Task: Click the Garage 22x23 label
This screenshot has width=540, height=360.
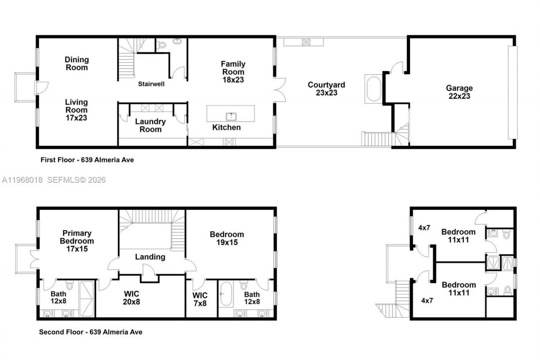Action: click(459, 92)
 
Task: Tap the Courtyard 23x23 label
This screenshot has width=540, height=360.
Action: click(326, 89)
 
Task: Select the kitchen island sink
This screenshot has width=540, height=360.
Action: click(230, 116)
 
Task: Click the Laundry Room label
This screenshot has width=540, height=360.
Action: click(150, 125)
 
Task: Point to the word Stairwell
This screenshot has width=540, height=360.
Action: click(151, 84)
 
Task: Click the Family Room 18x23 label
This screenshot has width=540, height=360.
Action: click(233, 72)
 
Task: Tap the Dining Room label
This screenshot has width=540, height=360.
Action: click(77, 63)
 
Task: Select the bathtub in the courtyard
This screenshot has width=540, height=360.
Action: click(373, 89)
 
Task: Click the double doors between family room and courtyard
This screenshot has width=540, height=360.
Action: click(279, 89)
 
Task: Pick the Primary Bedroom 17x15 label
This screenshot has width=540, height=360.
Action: click(76, 241)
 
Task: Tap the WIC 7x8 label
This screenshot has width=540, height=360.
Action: click(200, 298)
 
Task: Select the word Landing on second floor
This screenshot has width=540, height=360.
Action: click(150, 257)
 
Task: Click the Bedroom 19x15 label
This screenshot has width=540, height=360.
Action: click(227, 238)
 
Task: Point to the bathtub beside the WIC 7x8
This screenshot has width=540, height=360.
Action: click(224, 295)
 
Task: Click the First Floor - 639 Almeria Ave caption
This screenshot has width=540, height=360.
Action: click(87, 160)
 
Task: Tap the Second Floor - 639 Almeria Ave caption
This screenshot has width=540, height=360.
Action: click(91, 332)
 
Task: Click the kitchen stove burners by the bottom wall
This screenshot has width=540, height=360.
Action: click(229, 142)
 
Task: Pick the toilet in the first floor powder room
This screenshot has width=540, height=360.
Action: click(162, 45)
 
